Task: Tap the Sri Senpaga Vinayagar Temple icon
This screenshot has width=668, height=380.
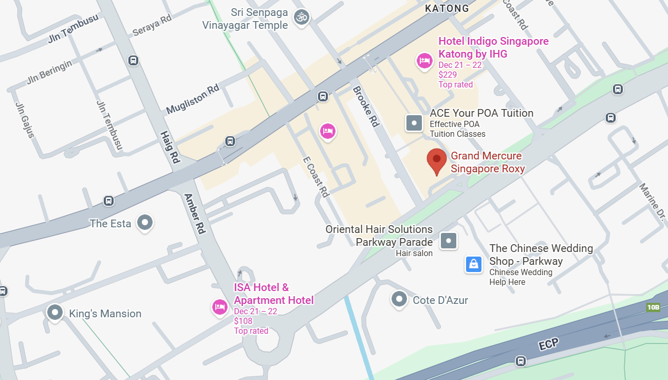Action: (302, 17)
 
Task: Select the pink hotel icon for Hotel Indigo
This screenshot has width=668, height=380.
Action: (424, 61)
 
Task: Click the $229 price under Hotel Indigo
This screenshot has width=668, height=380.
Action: (448, 75)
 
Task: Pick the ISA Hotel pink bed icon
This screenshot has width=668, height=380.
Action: (220, 307)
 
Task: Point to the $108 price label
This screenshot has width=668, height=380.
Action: (243, 321)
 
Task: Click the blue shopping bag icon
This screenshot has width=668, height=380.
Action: (473, 264)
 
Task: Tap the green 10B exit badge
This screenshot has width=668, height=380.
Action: (653, 307)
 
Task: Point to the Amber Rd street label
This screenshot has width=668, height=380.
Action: (195, 214)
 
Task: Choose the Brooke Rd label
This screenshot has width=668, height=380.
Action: (365, 107)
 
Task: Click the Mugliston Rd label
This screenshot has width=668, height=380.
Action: (193, 99)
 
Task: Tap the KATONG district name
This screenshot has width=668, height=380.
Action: (447, 8)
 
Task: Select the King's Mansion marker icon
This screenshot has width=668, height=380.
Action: (54, 312)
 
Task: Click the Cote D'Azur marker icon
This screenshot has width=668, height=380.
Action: (399, 299)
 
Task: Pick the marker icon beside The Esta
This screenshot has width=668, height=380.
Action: (145, 223)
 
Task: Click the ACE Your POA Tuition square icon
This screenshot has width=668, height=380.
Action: (414, 123)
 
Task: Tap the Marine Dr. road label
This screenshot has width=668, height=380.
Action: (652, 202)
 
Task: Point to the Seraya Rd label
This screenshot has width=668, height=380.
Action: (152, 25)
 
